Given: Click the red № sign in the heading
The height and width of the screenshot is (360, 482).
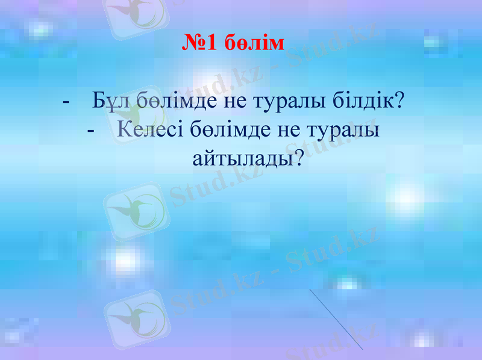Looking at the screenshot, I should (x=194, y=43).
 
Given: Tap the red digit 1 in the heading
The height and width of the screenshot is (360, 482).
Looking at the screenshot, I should (x=213, y=43).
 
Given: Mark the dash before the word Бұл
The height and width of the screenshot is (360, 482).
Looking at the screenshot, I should (x=66, y=101).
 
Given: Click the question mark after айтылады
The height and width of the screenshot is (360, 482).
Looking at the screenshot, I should (x=296, y=158).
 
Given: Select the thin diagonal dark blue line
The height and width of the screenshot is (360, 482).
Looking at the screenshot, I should (x=336, y=319).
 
